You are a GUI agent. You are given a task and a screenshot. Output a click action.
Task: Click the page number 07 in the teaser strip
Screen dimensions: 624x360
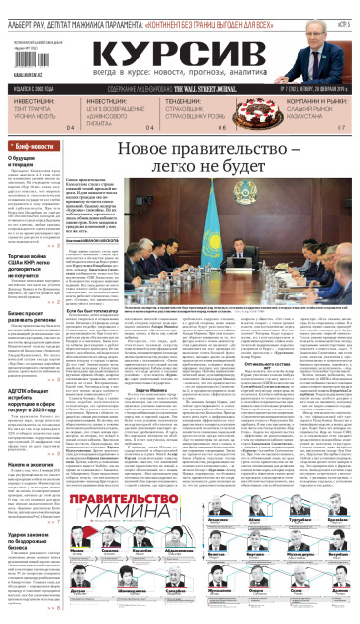click(340, 129)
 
